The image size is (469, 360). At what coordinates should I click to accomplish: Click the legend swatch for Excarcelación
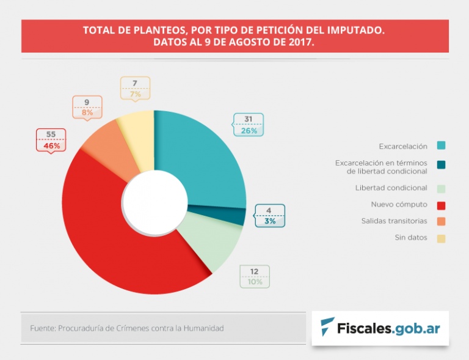point(441,145)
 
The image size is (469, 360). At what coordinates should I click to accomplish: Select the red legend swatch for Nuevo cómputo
point(441,204)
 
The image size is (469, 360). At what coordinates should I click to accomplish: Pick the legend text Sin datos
point(410,237)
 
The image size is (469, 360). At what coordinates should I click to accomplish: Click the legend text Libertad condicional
point(391,188)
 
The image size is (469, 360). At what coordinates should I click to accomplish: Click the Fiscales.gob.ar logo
point(380,328)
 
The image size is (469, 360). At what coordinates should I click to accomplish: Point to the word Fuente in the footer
point(42,328)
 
